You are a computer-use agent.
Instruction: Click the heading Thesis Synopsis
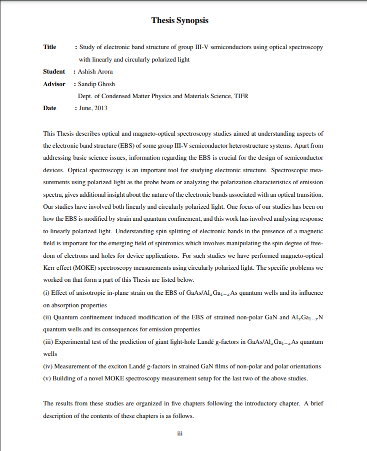(179, 21)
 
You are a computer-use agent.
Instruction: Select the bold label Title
(49, 47)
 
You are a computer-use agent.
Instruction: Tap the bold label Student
(54, 72)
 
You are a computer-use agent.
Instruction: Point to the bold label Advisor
(54, 84)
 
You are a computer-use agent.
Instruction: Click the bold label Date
(49, 108)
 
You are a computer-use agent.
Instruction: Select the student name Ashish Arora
(95, 72)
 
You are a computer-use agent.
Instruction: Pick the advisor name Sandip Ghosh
(96, 84)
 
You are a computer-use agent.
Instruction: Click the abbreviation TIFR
(240, 96)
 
